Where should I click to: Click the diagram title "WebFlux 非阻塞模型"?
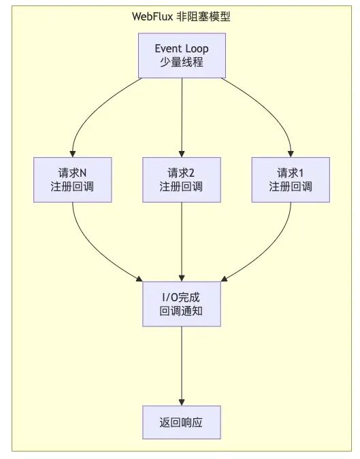pyautogui.click(x=181, y=16)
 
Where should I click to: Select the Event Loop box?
pyautogui.click(x=182, y=55)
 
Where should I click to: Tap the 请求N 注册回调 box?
pyautogui.click(x=73, y=180)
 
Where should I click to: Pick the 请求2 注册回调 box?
pyautogui.click(x=182, y=180)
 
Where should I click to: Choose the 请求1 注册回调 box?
pyautogui.click(x=291, y=180)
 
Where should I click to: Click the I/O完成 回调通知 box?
pyautogui.click(x=182, y=304)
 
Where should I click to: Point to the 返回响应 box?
pyautogui.click(x=182, y=422)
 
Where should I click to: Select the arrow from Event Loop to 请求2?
pyautogui.click(x=182, y=118)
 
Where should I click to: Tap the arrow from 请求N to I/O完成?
pyautogui.click(x=91, y=249)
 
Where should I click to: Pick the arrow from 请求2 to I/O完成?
pyautogui.click(x=182, y=242)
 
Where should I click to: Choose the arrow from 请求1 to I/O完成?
pyautogui.click(x=272, y=249)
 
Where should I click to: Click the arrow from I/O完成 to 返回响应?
pyautogui.click(x=182, y=366)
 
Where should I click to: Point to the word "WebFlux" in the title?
pyautogui.click(x=152, y=16)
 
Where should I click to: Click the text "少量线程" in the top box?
pyautogui.click(x=182, y=62)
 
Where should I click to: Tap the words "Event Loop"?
pyautogui.click(x=182, y=48)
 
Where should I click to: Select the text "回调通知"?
pyautogui.click(x=181, y=311)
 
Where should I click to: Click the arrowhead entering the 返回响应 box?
pyautogui.click(x=182, y=402)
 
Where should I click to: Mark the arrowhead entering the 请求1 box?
pyautogui.click(x=291, y=154)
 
